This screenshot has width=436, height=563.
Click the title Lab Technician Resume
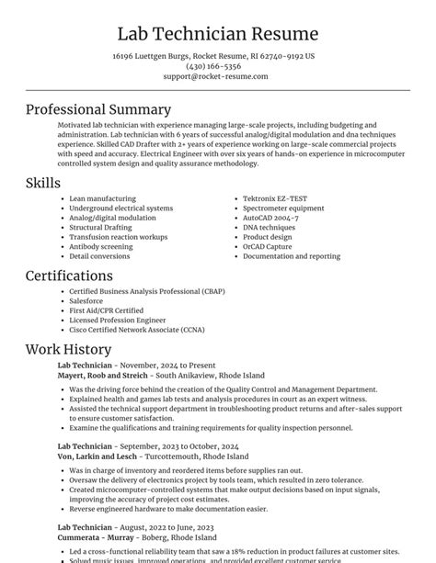(x=218, y=34)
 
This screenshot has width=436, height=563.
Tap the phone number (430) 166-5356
(x=213, y=66)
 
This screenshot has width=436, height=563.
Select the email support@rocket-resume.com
(x=216, y=76)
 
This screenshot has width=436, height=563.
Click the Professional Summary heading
(x=98, y=109)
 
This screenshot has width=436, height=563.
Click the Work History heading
(x=69, y=349)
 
